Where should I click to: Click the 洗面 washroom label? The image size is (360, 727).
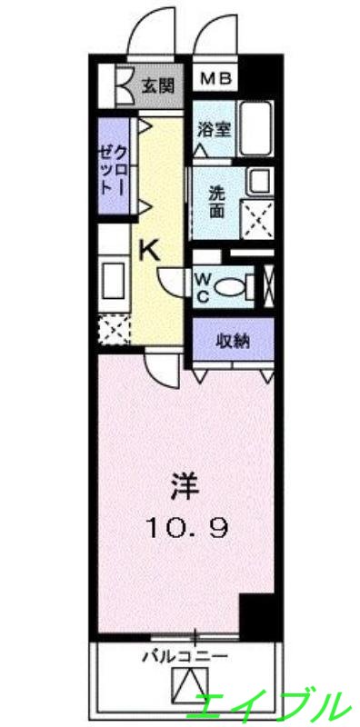(216, 202)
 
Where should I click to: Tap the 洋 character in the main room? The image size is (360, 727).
(180, 486)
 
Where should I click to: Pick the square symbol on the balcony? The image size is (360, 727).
(191, 684)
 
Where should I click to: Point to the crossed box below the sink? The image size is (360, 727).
(115, 328)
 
